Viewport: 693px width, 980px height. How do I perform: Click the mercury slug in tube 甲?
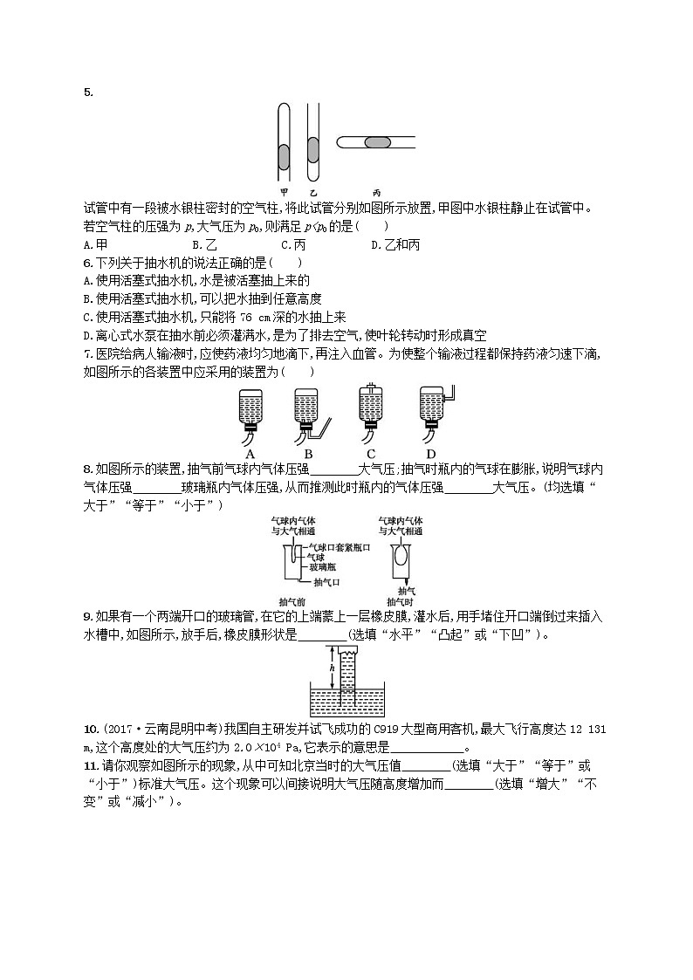point(284,157)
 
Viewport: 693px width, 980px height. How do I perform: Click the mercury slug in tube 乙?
point(312,150)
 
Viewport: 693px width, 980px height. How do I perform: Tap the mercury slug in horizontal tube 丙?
point(377,142)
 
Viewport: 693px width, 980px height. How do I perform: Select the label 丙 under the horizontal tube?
point(376,191)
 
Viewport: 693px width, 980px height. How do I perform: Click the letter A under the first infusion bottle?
point(250,454)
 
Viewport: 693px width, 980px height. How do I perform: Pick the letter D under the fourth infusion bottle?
point(430,454)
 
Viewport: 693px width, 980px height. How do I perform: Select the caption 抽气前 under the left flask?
point(292,601)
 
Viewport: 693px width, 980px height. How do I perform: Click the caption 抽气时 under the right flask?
point(398,601)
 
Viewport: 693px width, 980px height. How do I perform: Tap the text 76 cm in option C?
point(252,318)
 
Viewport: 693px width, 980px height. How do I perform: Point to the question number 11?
point(88,764)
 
